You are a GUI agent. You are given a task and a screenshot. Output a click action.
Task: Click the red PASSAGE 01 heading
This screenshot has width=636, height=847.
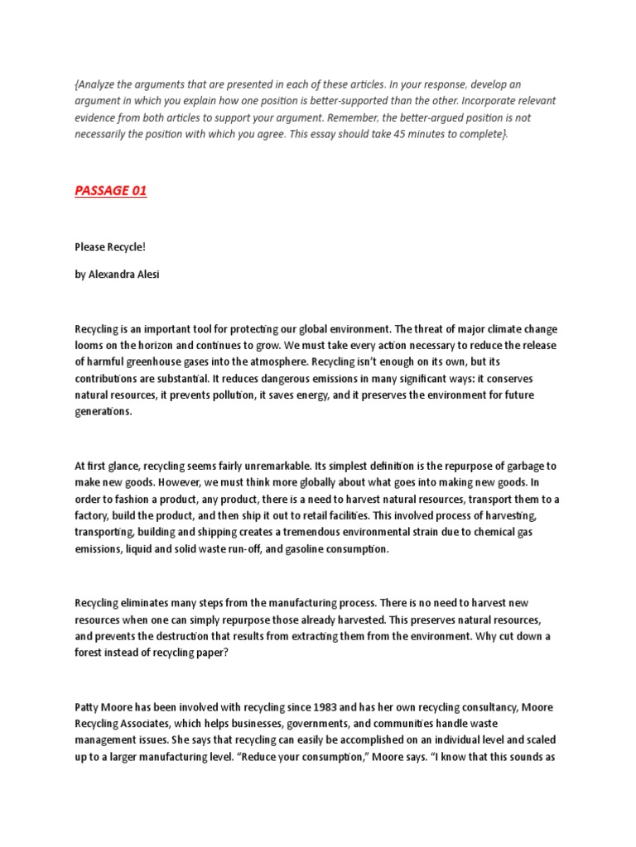pyautogui.click(x=110, y=191)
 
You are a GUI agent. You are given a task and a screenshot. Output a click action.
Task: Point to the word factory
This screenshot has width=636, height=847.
pyautogui.click(x=93, y=514)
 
